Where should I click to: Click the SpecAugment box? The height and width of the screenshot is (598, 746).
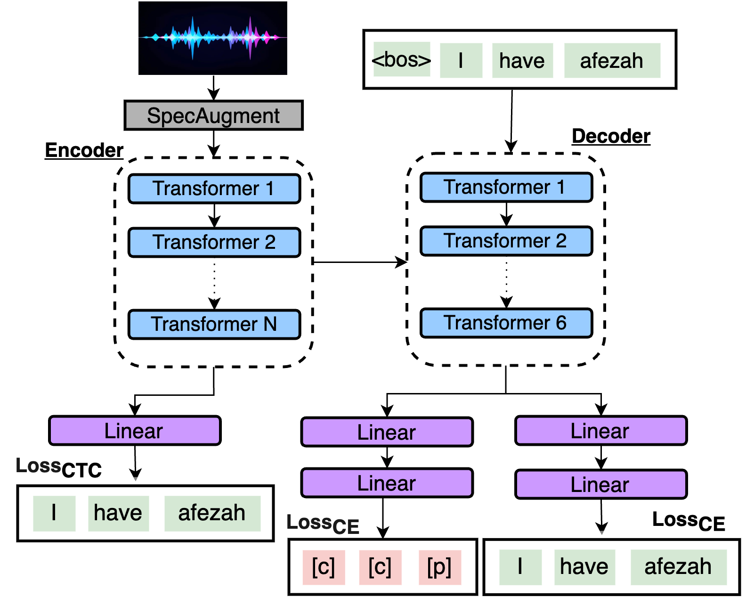tap(213, 115)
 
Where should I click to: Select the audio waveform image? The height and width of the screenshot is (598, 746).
tap(212, 38)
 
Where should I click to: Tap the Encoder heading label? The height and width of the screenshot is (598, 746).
tap(84, 150)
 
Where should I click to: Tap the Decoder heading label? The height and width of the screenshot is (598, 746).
tap(611, 136)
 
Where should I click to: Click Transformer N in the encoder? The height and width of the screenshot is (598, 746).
tap(214, 324)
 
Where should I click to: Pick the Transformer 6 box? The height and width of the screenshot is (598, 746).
tap(506, 323)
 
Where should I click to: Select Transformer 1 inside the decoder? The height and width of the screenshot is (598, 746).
tap(506, 187)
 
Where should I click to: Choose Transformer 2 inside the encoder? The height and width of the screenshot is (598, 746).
tap(214, 242)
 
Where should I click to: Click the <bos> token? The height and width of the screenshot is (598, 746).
tap(401, 60)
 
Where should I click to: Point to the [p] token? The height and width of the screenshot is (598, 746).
tap(439, 567)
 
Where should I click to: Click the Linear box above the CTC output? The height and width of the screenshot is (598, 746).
tap(135, 431)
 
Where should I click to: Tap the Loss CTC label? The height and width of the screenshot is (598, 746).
tap(58, 467)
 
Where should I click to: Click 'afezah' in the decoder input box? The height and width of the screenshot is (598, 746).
tap(612, 61)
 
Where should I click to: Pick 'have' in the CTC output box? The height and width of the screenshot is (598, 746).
tap(118, 513)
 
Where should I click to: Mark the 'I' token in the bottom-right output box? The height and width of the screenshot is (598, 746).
tap(520, 567)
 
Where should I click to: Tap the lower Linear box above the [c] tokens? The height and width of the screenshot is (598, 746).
tap(387, 483)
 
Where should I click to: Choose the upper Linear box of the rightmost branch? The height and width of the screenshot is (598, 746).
tap(600, 431)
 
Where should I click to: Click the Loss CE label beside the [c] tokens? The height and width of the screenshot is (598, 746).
tap(323, 524)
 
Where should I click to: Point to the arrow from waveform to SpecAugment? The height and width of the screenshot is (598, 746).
tap(213, 88)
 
